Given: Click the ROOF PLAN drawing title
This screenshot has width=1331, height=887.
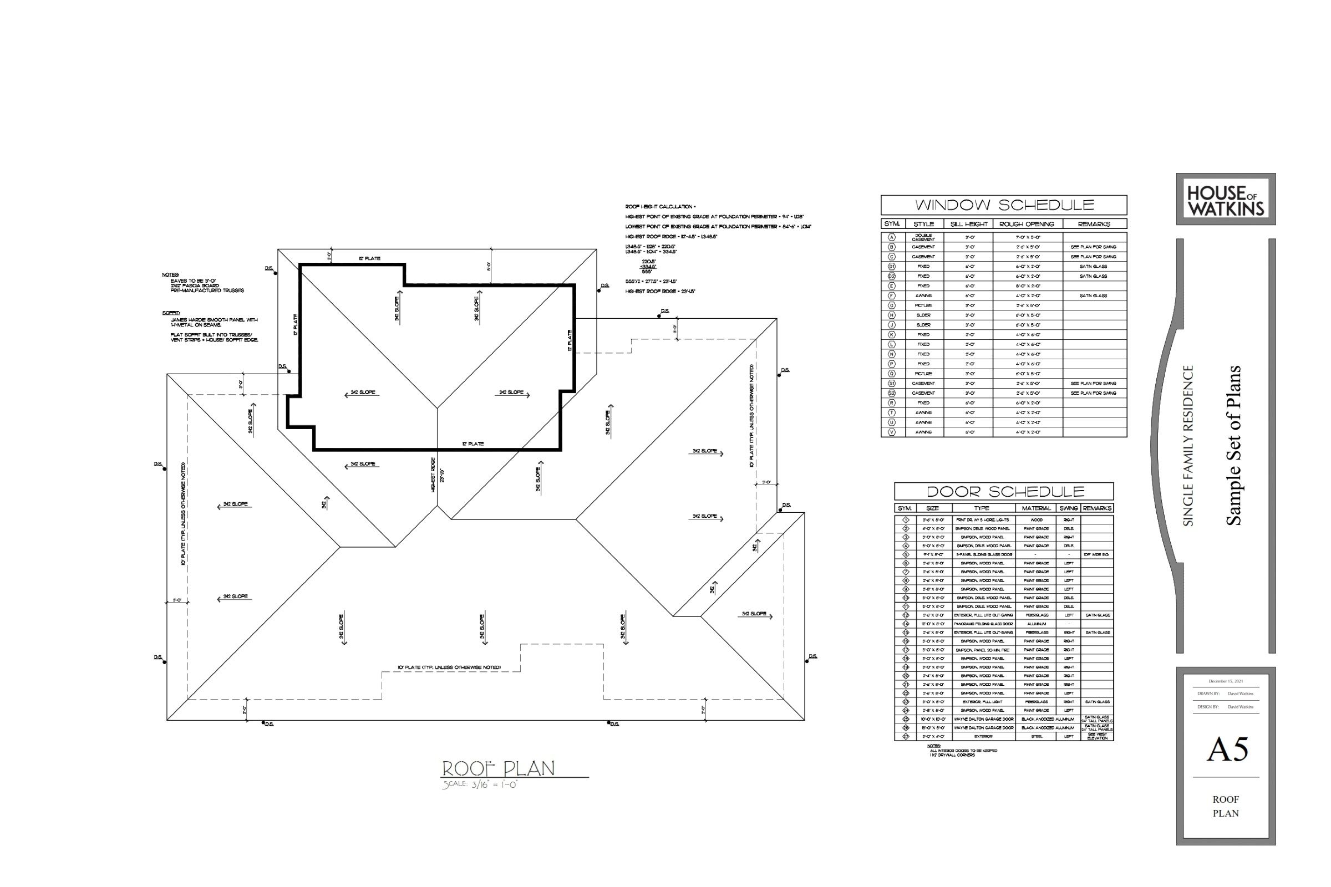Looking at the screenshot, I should pyautogui.click(x=498, y=769).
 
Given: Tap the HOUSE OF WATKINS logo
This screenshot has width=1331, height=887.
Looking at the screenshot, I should pyautogui.click(x=1225, y=200).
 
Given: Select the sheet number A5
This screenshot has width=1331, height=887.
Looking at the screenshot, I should pyautogui.click(x=1227, y=750).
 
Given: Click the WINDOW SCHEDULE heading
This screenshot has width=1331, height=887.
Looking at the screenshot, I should pyautogui.click(x=1004, y=205).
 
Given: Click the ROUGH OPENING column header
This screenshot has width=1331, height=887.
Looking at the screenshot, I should pyautogui.click(x=1027, y=224).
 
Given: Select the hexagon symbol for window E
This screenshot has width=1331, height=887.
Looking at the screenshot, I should pyautogui.click(x=892, y=286).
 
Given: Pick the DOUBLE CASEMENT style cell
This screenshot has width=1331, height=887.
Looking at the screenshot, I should pyautogui.click(x=923, y=238).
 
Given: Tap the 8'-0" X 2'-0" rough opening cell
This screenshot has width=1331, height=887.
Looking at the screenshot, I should pyautogui.click(x=1028, y=286).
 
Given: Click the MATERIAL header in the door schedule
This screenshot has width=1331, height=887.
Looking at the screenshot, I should pyautogui.click(x=1036, y=508).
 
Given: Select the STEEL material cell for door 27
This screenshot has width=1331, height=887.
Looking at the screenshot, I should pyautogui.click(x=1036, y=737).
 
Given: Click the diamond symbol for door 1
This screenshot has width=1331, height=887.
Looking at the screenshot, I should pyautogui.click(x=906, y=519).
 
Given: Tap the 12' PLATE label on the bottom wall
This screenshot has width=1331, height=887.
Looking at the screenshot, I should pyautogui.click(x=473, y=444).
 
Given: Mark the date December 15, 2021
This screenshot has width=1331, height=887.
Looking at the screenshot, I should pyautogui.click(x=1226, y=681).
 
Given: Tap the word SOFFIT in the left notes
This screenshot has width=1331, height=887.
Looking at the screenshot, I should pyautogui.click(x=170, y=313).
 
